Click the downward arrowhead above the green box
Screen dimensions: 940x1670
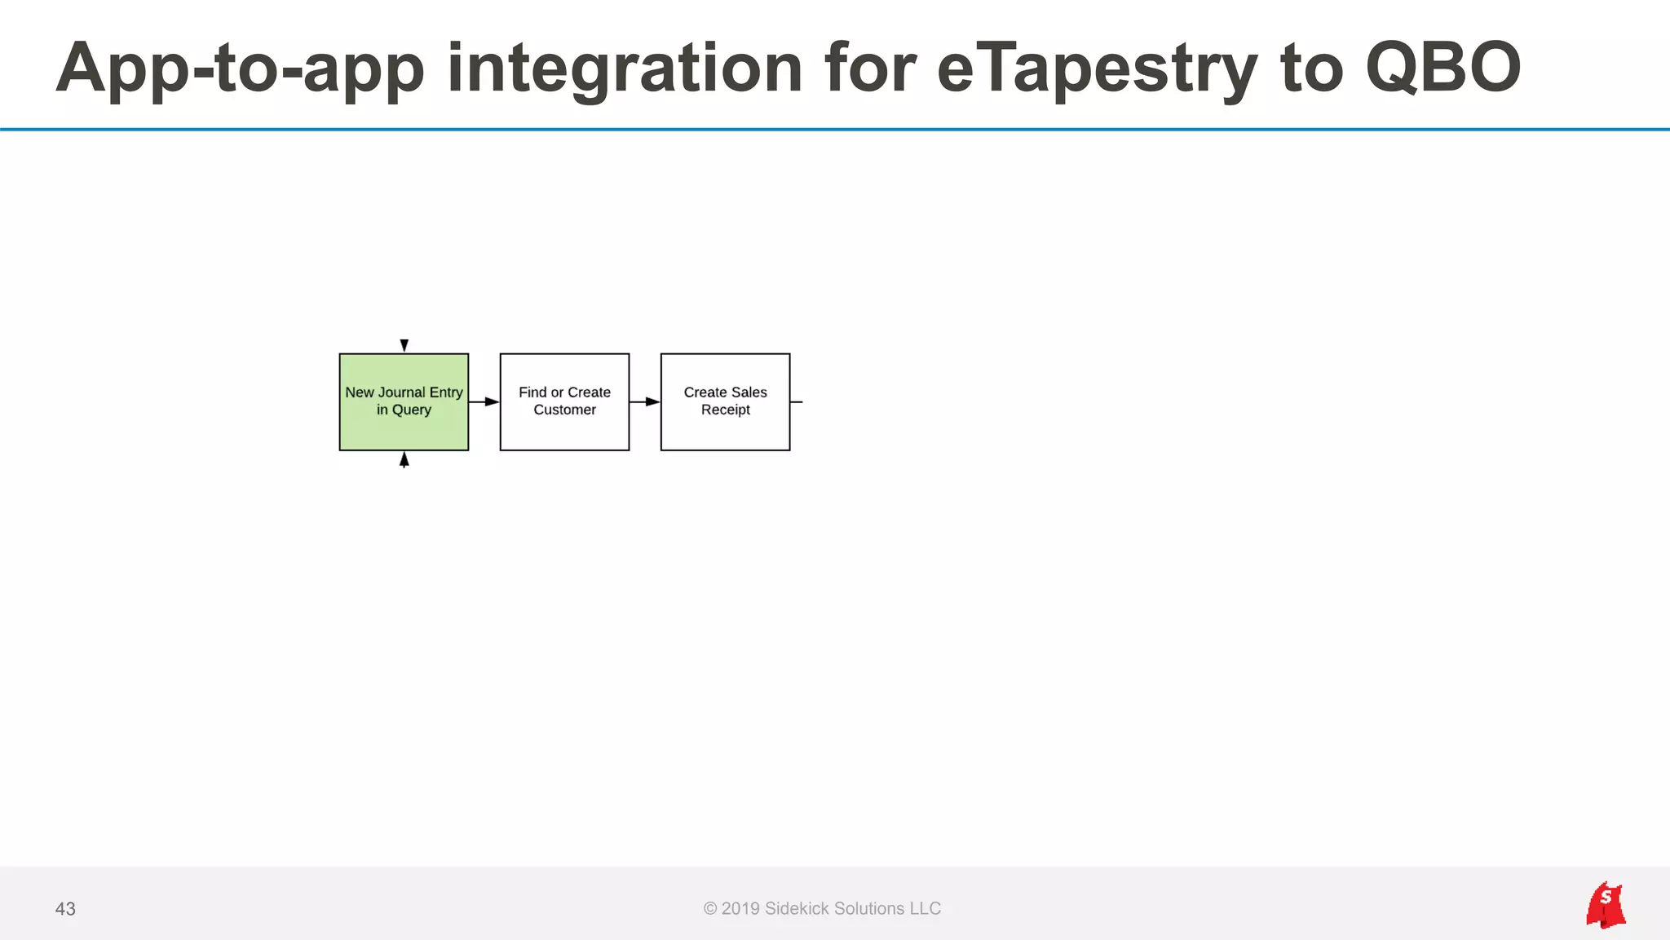[404, 345]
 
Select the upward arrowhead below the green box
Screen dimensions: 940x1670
[404, 460]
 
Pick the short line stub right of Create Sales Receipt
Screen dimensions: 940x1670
[797, 401]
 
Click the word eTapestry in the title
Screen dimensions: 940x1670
[1097, 69]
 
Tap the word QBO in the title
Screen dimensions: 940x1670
[1442, 69]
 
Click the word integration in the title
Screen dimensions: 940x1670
[625, 69]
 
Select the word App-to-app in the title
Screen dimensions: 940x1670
[241, 69]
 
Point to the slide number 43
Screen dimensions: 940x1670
[65, 909]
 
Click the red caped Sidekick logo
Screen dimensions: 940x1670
[1605, 905]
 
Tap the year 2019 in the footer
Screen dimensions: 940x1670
[740, 909]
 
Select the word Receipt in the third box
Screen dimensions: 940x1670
[725, 410]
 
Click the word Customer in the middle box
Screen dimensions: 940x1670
[564, 410]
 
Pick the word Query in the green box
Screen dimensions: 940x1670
[412, 410]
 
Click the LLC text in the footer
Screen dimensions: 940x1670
[925, 909]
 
